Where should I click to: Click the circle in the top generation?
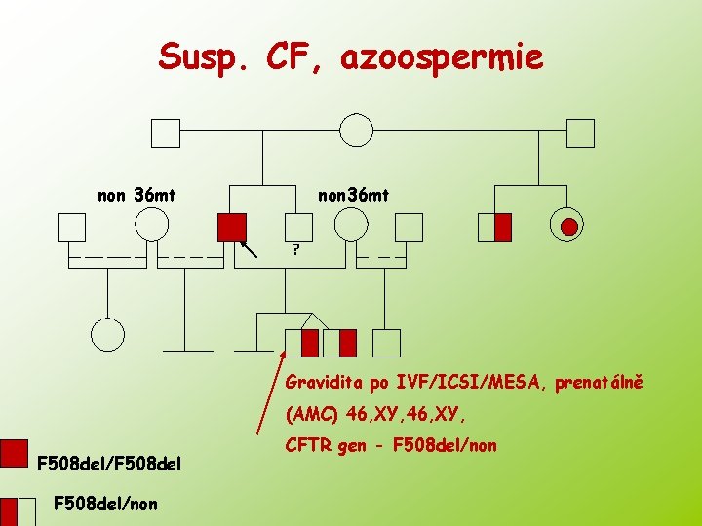(357, 131)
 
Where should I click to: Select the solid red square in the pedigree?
(232, 227)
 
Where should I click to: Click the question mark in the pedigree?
(295, 250)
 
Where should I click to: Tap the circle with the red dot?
(567, 227)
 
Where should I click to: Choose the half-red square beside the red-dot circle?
(495, 227)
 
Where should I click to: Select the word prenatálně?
(600, 383)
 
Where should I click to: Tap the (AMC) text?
(311, 414)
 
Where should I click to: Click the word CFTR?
(308, 445)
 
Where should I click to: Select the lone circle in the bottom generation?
(108, 335)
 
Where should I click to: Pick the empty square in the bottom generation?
(387, 343)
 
